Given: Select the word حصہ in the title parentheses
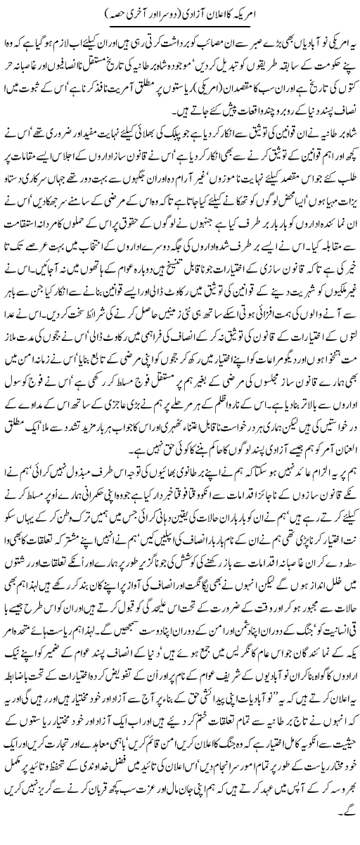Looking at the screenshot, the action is (x=90, y=13).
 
